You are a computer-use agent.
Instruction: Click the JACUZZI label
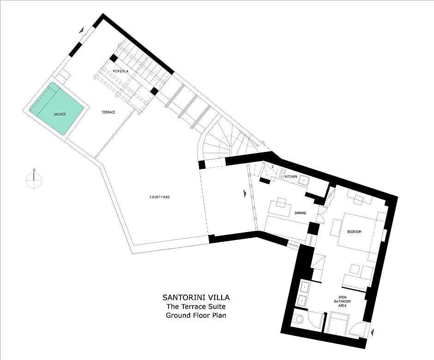pyautogui.click(x=60, y=114)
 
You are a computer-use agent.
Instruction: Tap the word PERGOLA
pyautogui.click(x=121, y=71)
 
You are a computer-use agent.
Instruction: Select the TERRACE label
pyautogui.click(x=108, y=112)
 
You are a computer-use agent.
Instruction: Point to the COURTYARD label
pyautogui.click(x=160, y=197)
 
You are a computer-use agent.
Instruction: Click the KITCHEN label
pyautogui.click(x=290, y=177)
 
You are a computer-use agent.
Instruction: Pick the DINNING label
pyautogui.click(x=300, y=213)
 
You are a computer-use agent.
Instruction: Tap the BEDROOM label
pyautogui.click(x=354, y=232)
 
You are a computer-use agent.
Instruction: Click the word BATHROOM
pyautogui.click(x=343, y=301)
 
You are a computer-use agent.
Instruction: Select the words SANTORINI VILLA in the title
pyautogui.click(x=196, y=298)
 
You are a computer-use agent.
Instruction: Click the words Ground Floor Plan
pyautogui.click(x=196, y=315)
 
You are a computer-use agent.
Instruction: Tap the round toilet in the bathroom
pyautogui.click(x=299, y=319)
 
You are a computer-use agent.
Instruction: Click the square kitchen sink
pyautogui.click(x=304, y=180)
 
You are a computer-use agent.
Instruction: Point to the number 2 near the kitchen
pyautogui.click(x=272, y=167)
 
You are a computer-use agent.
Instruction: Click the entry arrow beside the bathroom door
pyautogui.click(x=373, y=331)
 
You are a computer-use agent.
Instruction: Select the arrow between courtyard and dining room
pyautogui.click(x=245, y=193)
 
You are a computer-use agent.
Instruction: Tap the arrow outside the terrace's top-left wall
pyautogui.click(x=81, y=30)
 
